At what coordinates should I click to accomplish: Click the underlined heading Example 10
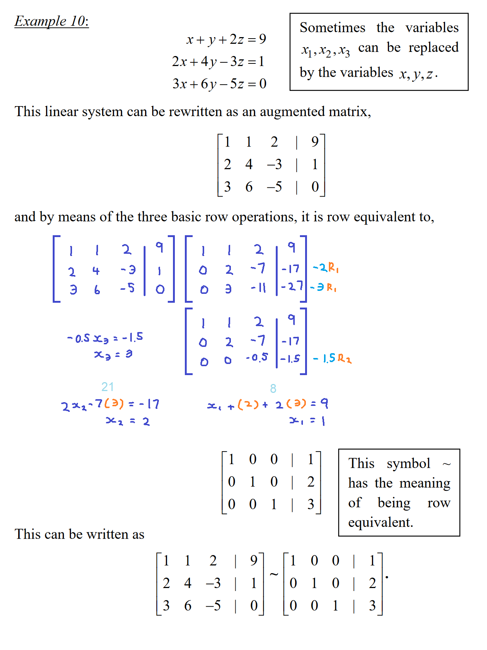click(51, 21)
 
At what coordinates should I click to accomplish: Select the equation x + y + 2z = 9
click(226, 39)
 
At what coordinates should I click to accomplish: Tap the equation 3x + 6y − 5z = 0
click(219, 84)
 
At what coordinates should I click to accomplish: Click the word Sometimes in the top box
click(332, 28)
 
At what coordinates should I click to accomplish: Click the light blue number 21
click(107, 387)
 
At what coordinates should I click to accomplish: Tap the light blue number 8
click(273, 388)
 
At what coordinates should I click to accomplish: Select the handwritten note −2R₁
click(326, 267)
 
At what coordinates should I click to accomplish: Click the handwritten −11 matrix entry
click(258, 288)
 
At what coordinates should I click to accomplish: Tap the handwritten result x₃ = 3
click(113, 355)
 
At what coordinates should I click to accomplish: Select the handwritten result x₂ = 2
click(128, 421)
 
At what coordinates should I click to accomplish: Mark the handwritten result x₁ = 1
click(307, 421)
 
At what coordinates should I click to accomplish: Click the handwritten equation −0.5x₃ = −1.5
click(105, 338)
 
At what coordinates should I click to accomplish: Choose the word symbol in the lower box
click(408, 464)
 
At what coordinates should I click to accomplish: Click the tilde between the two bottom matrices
click(274, 575)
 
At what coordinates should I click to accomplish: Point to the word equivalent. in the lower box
click(380, 522)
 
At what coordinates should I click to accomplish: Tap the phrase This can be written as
click(79, 534)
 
